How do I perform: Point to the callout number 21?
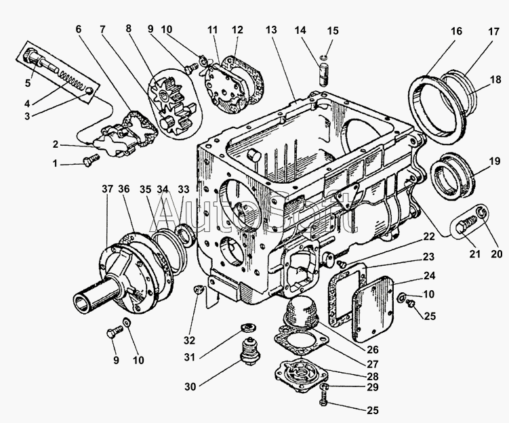tap(474, 254)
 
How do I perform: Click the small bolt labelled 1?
tap(89, 161)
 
